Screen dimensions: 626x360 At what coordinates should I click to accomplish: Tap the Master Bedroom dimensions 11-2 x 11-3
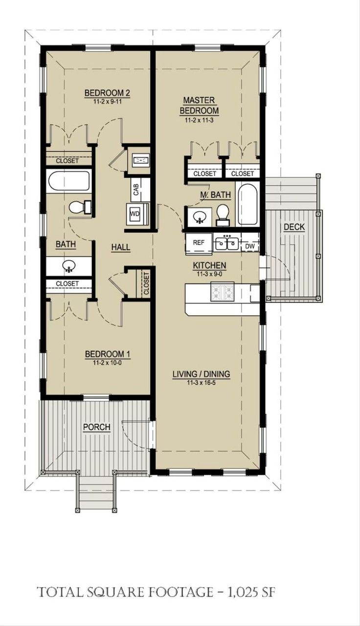199,120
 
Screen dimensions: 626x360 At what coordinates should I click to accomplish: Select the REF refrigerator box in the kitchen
199,242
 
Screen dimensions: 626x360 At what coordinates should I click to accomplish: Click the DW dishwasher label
249,246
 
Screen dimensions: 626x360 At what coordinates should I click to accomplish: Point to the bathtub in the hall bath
69,180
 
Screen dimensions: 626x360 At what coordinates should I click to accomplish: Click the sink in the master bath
199,216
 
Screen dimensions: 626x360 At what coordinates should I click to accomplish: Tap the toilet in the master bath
223,214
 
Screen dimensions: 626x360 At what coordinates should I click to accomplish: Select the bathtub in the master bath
247,204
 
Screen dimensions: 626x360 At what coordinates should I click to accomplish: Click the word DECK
294,227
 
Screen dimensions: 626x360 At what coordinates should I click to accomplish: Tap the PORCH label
96,427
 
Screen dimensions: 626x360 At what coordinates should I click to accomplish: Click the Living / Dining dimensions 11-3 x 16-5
201,383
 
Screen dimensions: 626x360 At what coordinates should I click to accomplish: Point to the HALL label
120,248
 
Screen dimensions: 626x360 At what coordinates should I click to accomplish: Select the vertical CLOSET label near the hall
146,283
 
